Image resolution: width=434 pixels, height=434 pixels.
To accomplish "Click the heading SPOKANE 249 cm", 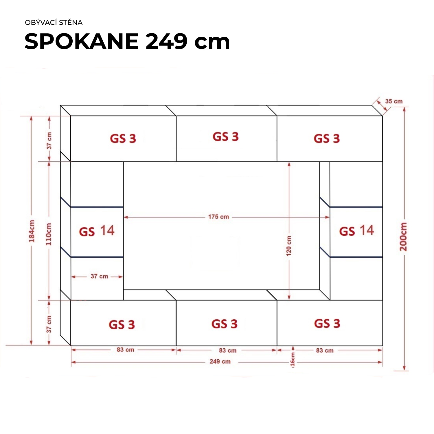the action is pos(127,41).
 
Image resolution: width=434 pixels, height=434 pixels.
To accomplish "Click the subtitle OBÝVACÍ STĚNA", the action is pos(54,23).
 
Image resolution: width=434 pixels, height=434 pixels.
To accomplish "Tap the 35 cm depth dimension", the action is pos(394,101).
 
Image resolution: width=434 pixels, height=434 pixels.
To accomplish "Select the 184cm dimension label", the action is pos(32,231).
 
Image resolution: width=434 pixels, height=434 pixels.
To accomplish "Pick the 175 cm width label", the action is pos(218,217).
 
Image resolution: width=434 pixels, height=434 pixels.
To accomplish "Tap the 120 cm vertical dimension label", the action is pos(289,246).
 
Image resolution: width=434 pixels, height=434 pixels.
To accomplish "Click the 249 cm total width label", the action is pos(220,361).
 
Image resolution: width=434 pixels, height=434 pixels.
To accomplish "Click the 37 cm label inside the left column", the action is pos(99,276).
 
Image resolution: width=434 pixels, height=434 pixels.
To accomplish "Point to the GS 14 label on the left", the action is pos(97,231).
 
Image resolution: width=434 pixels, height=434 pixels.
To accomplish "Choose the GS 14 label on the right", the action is pos(357,231).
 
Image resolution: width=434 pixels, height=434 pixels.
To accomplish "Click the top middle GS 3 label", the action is pos(226,137).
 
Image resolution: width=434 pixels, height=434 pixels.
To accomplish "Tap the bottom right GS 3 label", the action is pos(327,323).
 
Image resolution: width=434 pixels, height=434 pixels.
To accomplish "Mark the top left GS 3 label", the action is pos(123,139).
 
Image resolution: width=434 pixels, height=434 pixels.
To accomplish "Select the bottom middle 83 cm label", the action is pos(228,350).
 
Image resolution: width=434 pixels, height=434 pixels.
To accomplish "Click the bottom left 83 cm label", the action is pos(126,350).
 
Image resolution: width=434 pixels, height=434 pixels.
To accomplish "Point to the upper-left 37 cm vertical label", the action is pos(49,141).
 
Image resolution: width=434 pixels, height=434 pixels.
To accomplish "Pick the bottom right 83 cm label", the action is pos(325,350).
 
